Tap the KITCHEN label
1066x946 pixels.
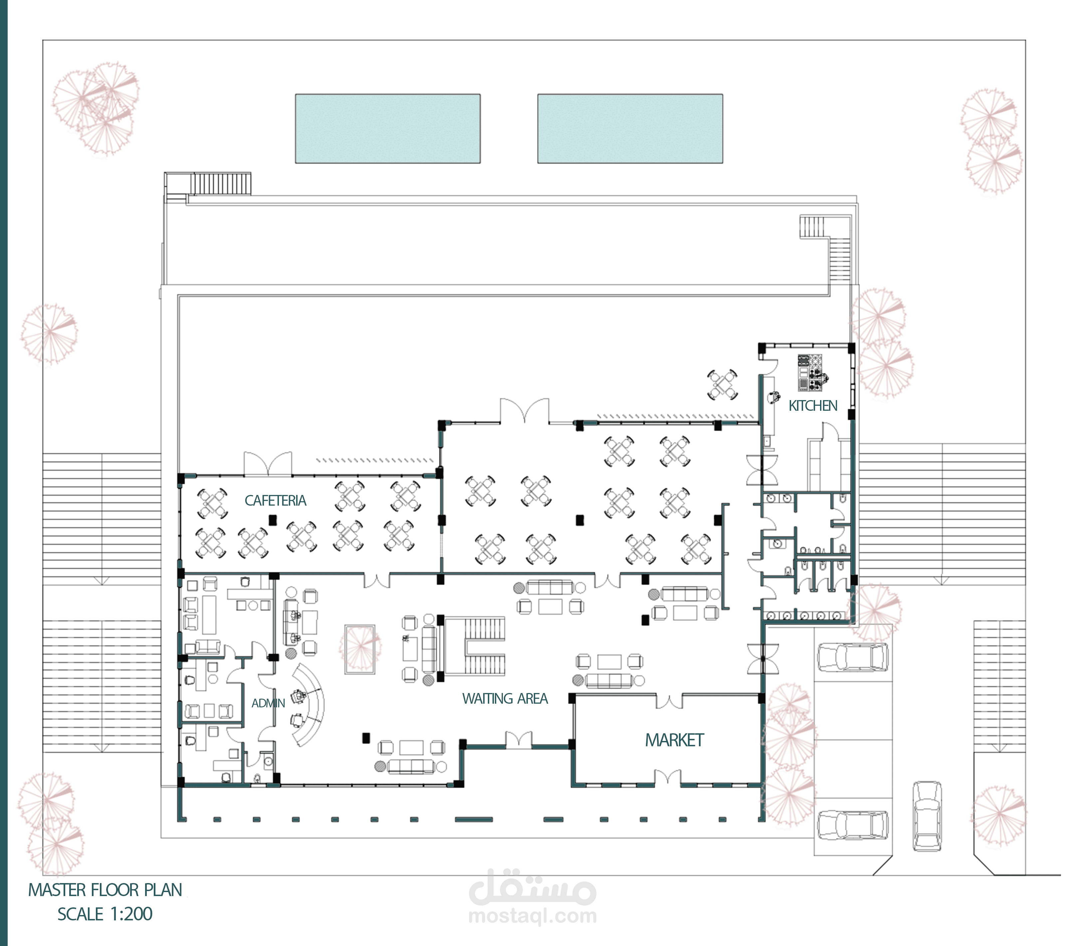pyautogui.click(x=812, y=406)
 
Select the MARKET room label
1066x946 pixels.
pyautogui.click(x=674, y=740)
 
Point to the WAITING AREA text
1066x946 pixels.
pyautogui.click(x=505, y=699)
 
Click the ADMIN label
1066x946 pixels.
pyautogui.click(x=268, y=703)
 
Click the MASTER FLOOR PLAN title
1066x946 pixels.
pyautogui.click(x=106, y=890)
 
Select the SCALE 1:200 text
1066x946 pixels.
pyautogui.click(x=105, y=914)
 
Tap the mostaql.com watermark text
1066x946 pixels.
pyautogui.click(x=533, y=916)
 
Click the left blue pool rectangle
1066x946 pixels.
pyautogui.click(x=387, y=129)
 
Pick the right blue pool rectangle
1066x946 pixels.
pyautogui.click(x=630, y=129)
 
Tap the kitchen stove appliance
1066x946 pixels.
pyautogui.click(x=809, y=372)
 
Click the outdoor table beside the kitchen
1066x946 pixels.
pyautogui.click(x=722, y=385)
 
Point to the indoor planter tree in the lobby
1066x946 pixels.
pyautogui.click(x=360, y=649)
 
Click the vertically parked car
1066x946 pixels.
pyautogui.click(x=927, y=816)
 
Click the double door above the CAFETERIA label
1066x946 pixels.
pyautogui.click(x=268, y=464)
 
